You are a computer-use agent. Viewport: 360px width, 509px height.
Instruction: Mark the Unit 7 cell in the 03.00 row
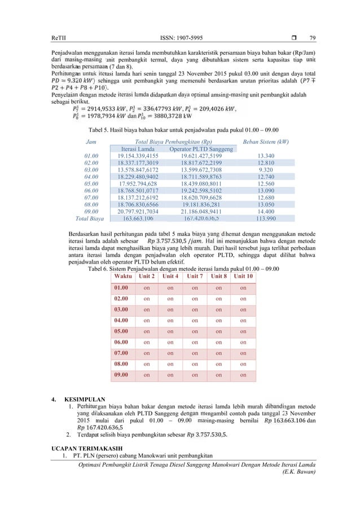point(194,309)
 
